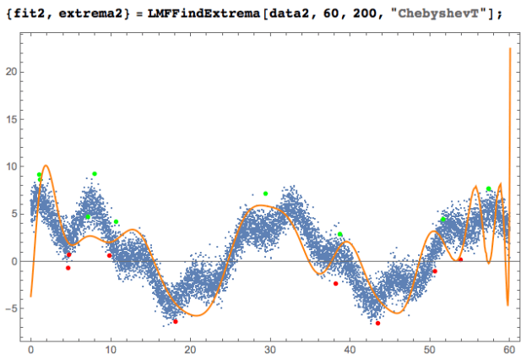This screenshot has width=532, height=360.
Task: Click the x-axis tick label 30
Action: (270, 348)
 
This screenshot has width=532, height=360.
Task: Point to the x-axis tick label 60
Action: (509, 348)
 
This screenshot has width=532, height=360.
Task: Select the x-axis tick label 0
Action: (31, 348)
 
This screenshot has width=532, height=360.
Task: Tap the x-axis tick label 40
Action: (350, 348)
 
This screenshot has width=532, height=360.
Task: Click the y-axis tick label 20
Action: (13, 72)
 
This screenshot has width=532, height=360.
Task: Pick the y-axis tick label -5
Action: (13, 308)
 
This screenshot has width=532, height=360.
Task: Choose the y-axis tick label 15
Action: (13, 119)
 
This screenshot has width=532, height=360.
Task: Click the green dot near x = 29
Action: (265, 194)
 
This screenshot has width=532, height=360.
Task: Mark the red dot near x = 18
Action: (176, 321)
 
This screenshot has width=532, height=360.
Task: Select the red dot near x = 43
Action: (378, 323)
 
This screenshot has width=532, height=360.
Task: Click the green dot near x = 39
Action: (340, 234)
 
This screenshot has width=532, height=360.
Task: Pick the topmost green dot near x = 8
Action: (95, 174)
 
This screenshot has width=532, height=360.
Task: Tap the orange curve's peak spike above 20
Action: (510, 50)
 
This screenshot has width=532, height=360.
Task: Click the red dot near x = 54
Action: (460, 259)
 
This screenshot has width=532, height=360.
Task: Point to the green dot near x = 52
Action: (443, 220)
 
